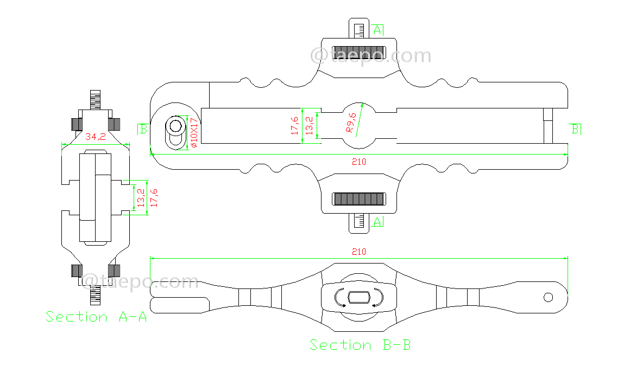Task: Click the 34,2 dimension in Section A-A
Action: pos(96,137)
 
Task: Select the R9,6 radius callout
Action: pos(351,123)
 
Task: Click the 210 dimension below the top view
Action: pos(359,162)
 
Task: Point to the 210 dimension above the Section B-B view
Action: pos(359,252)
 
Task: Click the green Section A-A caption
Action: pos(96,317)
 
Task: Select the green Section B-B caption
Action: pos(360,345)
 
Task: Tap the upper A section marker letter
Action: pos(378,29)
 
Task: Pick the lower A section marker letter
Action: pos(378,221)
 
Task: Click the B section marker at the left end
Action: pos(143,129)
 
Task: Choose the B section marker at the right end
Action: pos(575,129)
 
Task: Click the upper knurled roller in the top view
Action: pos(359,52)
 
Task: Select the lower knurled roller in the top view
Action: pos(359,199)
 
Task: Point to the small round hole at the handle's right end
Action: pos(548,297)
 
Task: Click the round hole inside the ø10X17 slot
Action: pos(175,126)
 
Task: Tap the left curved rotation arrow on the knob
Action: pos(340,299)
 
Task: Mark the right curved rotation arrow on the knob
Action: pos(379,298)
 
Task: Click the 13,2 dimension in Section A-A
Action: pos(141,198)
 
